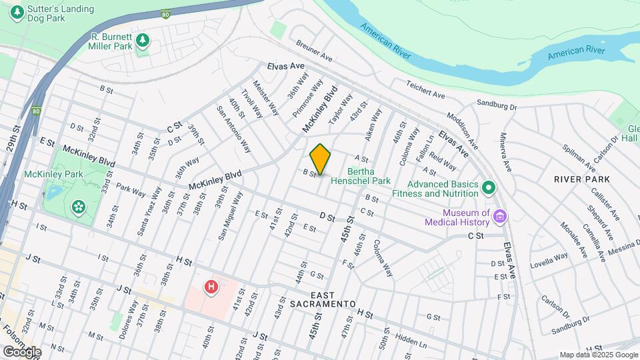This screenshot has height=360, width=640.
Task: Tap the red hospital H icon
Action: tap(211, 287)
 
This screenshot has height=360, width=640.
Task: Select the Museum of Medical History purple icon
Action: tap(501, 216)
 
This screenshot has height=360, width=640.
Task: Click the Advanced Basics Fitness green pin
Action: tap(489, 187)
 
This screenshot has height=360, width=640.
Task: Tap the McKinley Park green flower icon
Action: tap(79, 206)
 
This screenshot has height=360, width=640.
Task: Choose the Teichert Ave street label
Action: tap(425, 90)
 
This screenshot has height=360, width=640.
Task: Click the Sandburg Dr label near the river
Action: tap(497, 105)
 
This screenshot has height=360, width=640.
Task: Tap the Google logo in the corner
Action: tap(21, 351)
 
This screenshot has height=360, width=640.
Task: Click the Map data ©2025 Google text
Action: tap(597, 355)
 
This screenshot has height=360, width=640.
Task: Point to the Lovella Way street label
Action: tap(549, 260)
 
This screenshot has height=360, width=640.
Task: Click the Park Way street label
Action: tap(130, 190)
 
